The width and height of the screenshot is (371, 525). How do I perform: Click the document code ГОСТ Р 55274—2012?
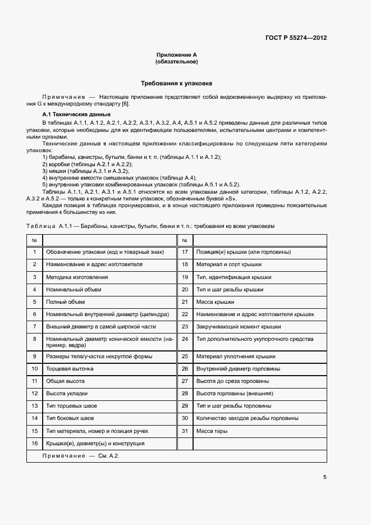tap(296, 38)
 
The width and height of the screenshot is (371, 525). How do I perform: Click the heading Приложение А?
tap(176, 55)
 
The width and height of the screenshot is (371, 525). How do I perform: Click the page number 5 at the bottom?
tap(324, 477)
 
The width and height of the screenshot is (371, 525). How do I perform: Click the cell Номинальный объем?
tap(74, 290)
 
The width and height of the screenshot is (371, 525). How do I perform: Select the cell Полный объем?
tap(65, 302)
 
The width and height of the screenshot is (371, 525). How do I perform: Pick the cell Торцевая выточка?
tap(70, 369)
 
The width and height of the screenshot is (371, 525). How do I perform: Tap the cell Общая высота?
tap(65, 381)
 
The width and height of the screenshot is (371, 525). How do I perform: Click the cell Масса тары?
tap(212, 431)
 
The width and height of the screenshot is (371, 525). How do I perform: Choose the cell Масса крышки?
tap(214, 302)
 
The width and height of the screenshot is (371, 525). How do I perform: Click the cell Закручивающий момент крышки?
tap(239, 327)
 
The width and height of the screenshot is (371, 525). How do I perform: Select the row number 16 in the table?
tap(34, 444)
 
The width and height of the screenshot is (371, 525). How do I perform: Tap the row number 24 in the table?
tap(184, 340)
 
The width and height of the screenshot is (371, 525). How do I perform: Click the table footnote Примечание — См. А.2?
tap(81, 456)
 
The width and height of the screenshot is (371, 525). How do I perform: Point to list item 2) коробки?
tap(87, 164)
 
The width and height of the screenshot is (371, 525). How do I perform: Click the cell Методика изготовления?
tap(77, 277)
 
